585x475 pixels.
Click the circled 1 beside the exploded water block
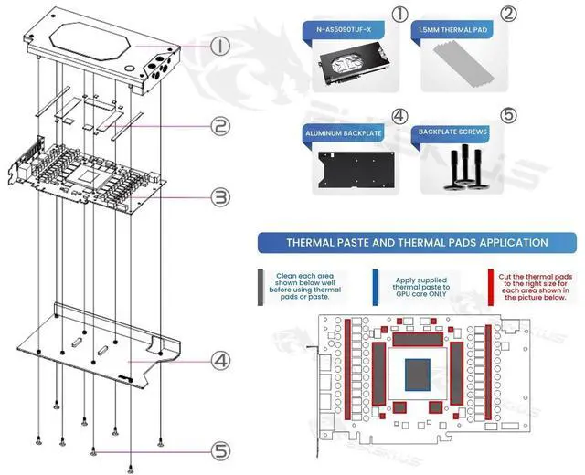pos(221,45)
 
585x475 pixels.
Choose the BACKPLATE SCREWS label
pos(453,132)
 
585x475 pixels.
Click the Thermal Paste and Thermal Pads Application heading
pos(417,244)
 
